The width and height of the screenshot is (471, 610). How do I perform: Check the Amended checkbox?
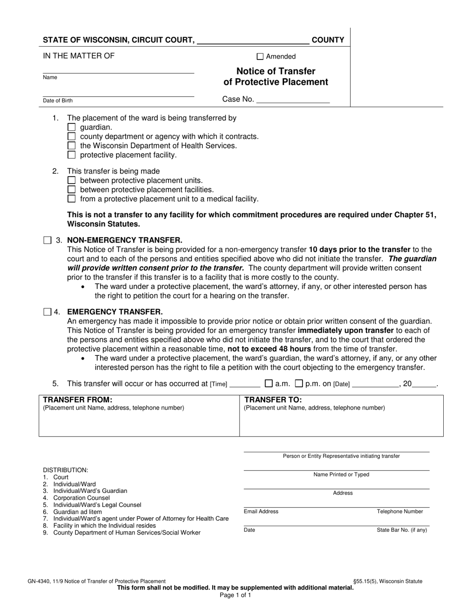tap(260, 57)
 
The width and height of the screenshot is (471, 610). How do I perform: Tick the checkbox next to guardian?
tap(71, 127)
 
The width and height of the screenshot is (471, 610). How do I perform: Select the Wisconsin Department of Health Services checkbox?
tap(71, 146)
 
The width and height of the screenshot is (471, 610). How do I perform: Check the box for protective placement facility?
tap(71, 155)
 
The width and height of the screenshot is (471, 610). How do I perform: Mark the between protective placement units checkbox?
tap(71, 181)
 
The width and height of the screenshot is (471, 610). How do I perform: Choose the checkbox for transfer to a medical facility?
tap(71, 199)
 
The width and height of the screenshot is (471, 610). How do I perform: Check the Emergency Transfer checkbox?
tap(47, 312)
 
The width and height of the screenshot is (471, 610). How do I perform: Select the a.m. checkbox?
tap(269, 383)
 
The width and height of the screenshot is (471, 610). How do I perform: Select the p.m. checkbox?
tap(299, 383)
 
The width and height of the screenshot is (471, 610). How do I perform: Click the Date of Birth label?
tap(58, 101)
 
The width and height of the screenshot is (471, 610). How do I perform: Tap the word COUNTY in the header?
tap(328, 40)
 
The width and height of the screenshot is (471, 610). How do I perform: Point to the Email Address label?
tap(261, 512)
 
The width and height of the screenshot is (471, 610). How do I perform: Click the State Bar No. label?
tap(402, 530)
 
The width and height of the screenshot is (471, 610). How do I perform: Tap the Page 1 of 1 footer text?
tap(235, 595)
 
